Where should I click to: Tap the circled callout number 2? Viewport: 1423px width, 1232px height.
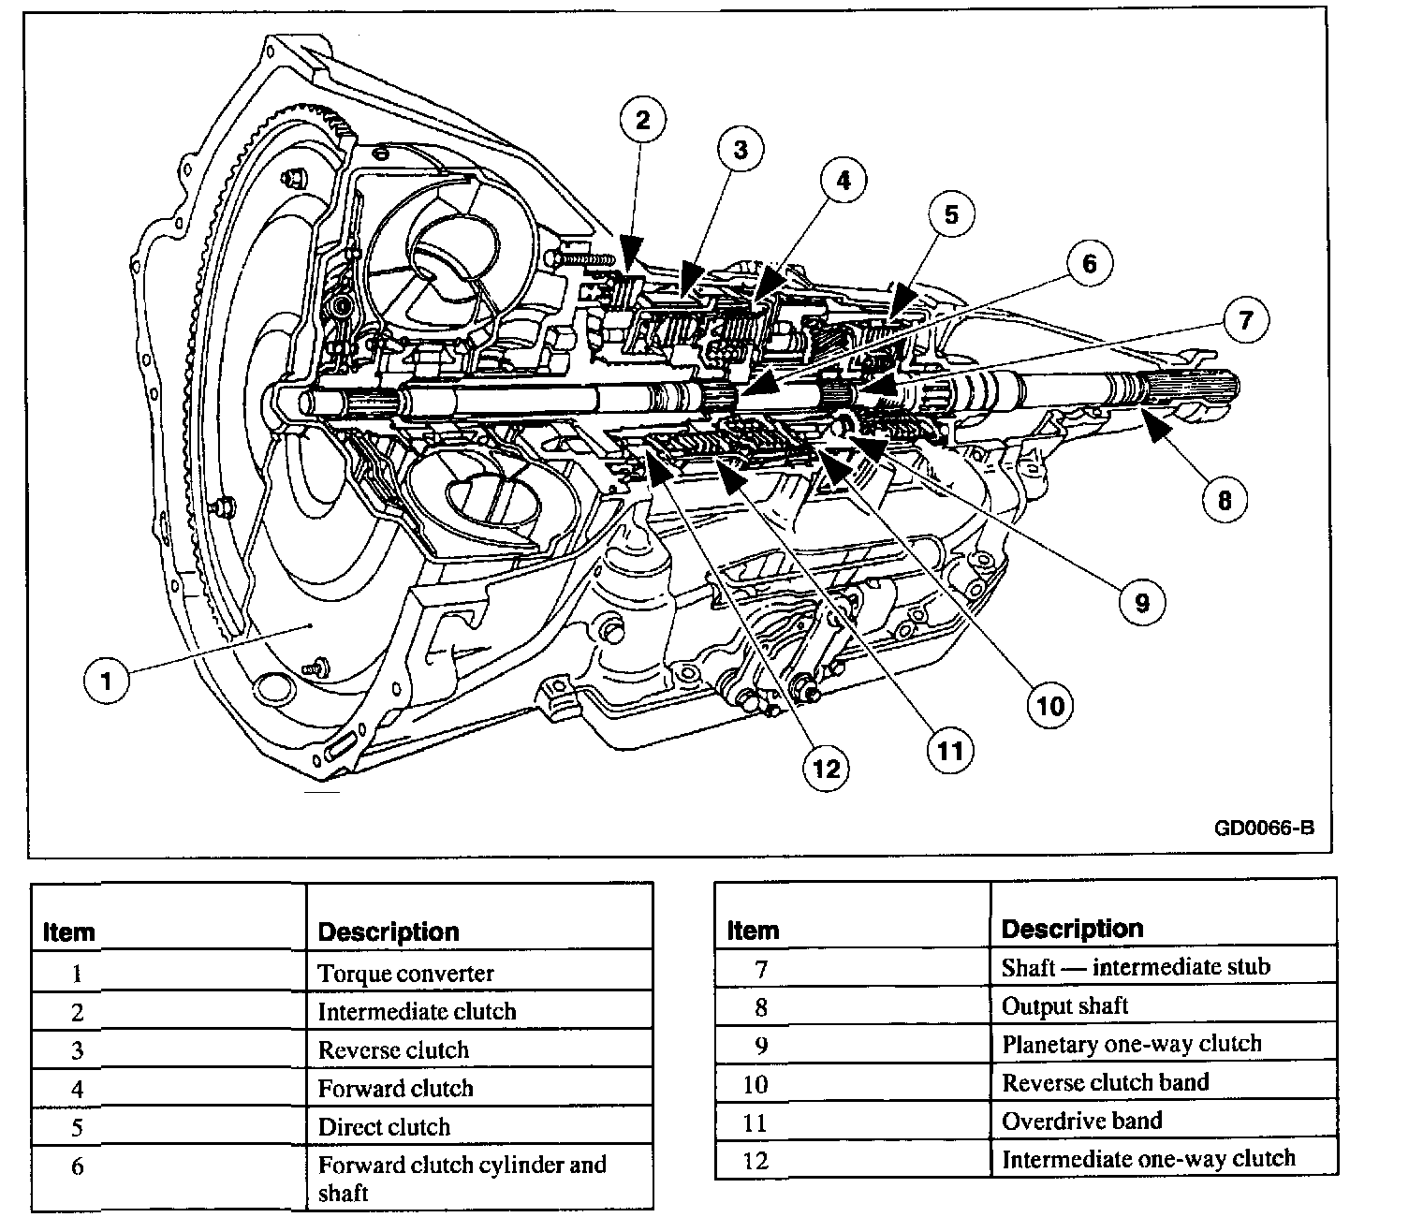click(642, 120)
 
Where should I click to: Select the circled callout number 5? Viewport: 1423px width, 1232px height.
click(950, 215)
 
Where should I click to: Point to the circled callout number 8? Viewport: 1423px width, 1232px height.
click(1225, 500)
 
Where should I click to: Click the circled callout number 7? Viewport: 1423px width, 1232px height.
click(1245, 321)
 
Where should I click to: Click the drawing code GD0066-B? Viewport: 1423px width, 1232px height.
click(1264, 829)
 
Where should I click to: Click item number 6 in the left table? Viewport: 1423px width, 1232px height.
click(78, 1167)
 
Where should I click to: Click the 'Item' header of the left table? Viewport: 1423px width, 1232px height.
click(69, 932)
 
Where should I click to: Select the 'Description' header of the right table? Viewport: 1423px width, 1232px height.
click(1072, 929)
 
